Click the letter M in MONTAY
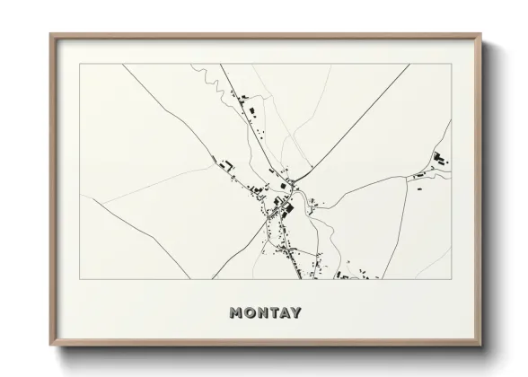coord(236,313)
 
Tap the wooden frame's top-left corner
coord(51,35)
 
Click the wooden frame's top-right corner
coord(481,35)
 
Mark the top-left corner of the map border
coord(80,64)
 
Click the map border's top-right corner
coord(452,64)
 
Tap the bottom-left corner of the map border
coord(80,279)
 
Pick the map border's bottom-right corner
coord(452,279)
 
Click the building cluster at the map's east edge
coord(439,161)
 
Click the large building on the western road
coord(228,165)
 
